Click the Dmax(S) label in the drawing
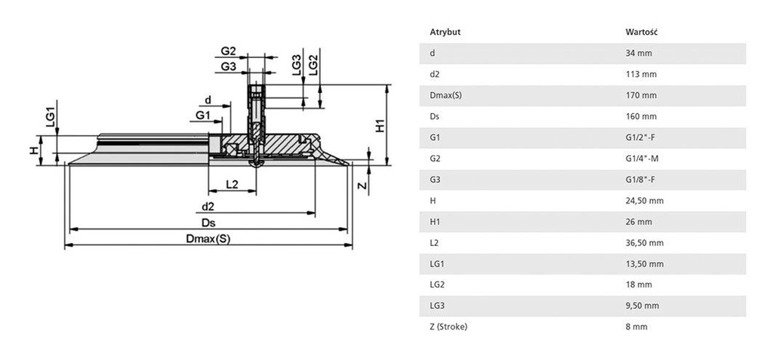point(208,238)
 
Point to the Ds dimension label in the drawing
point(208,222)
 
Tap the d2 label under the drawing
point(208,205)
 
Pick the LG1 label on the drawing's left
point(50,117)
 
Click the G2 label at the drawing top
point(229,51)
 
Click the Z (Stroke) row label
point(449,326)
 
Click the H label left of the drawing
point(32,150)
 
